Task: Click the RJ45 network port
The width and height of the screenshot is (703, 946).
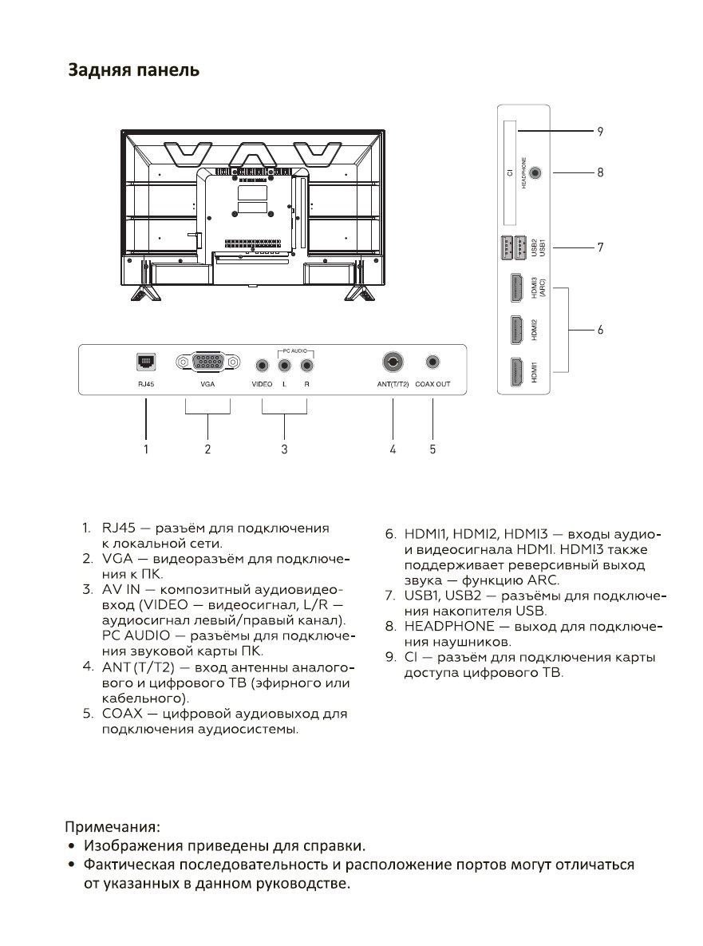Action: (146, 362)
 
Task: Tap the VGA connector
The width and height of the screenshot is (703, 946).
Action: (207, 362)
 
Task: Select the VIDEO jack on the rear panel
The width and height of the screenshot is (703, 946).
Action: (262, 365)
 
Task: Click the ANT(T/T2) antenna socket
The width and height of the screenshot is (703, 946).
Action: (393, 362)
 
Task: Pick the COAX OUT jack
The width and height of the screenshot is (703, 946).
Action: (432, 362)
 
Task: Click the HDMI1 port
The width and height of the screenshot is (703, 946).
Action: (517, 372)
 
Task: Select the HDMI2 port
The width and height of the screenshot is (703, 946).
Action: (517, 330)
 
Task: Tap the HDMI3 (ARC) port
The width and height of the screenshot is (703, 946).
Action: (517, 287)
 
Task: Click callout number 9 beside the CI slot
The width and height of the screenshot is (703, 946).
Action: (600, 131)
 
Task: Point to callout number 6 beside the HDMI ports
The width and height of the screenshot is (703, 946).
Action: (600, 330)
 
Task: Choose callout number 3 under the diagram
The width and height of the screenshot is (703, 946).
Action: (284, 449)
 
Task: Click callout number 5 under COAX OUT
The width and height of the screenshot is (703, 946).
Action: (432, 449)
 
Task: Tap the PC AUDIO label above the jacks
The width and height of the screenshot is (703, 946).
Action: (295, 350)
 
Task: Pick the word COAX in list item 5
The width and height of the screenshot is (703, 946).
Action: (122, 714)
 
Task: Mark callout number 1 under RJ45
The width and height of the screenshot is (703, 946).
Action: (145, 449)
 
